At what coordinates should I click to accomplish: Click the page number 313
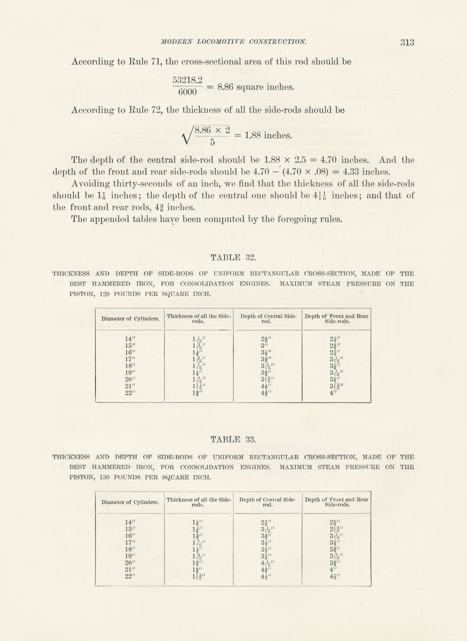point(407,42)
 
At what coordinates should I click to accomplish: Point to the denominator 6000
point(188,91)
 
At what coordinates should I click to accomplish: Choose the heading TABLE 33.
point(233,439)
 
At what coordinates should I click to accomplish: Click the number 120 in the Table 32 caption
point(105,294)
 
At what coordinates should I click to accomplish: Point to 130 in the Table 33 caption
point(105,477)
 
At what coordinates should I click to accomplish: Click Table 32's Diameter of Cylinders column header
point(130,319)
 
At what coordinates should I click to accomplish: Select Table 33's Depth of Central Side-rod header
point(267,502)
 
